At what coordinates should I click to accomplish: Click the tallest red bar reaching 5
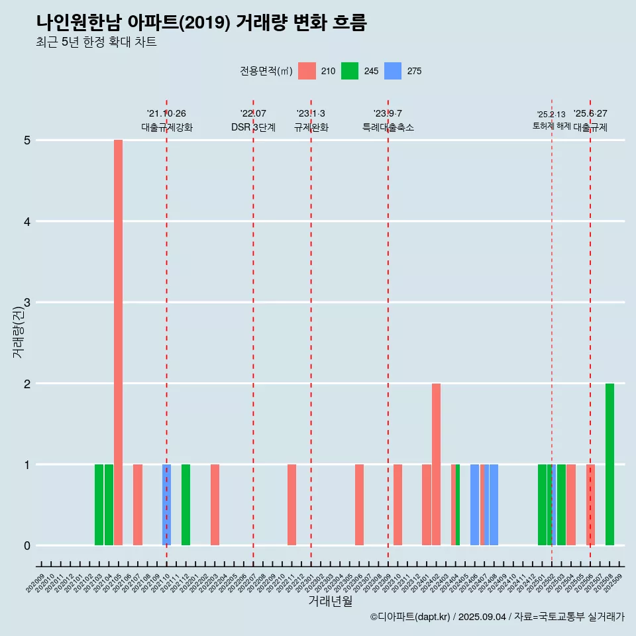pyautogui.click(x=118, y=342)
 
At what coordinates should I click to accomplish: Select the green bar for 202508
pyautogui.click(x=609, y=464)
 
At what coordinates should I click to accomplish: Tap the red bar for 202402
pyautogui.click(x=436, y=464)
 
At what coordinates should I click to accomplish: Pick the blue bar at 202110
pyautogui.click(x=167, y=505)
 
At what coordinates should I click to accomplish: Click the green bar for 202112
pyautogui.click(x=186, y=505)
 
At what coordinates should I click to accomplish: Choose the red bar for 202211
pyautogui.click(x=291, y=505)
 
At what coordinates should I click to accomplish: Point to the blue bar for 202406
pyautogui.click(x=474, y=505)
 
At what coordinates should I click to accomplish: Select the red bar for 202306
pyautogui.click(x=359, y=505)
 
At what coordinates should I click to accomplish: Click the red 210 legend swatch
pyautogui.click(x=307, y=71)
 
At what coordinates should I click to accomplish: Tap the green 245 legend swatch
pyautogui.click(x=350, y=71)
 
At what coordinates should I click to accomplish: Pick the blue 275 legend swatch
pyautogui.click(x=393, y=71)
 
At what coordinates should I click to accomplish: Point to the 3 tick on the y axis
pyautogui.click(x=27, y=303)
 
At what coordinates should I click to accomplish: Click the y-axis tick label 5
pyautogui.click(x=27, y=140)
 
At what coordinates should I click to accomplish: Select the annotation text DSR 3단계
pyautogui.click(x=253, y=127)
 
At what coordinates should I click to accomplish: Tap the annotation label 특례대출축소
pyautogui.click(x=388, y=127)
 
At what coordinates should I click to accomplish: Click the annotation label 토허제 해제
pyautogui.click(x=551, y=126)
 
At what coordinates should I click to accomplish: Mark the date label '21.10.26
pyautogui.click(x=166, y=114)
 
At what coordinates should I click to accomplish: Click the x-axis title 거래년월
pyautogui.click(x=330, y=601)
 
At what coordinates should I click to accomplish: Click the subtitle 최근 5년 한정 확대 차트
pyautogui.click(x=96, y=42)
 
